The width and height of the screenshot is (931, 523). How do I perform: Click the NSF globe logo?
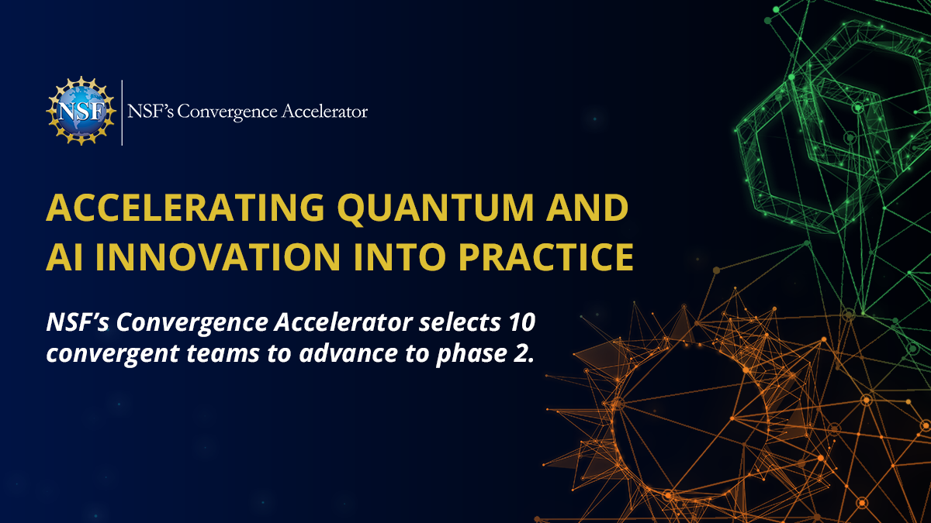pyautogui.click(x=81, y=111)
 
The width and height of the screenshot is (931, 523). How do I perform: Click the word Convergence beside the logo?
pyautogui.click(x=227, y=112)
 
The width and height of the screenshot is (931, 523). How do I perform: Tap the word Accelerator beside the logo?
pyautogui.click(x=324, y=112)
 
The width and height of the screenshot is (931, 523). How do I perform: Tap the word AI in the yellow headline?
pyautogui.click(x=64, y=256)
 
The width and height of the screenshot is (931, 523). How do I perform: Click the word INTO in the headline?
pyautogui.click(x=400, y=256)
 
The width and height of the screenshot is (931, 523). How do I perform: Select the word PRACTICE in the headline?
pyautogui.click(x=546, y=256)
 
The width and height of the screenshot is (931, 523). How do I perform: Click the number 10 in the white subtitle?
pyautogui.click(x=521, y=322)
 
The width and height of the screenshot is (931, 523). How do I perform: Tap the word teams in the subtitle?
pyautogui.click(x=223, y=353)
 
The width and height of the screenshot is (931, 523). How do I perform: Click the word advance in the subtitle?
pyautogui.click(x=348, y=353)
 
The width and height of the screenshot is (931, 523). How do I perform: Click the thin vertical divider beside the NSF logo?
pyautogui.click(x=122, y=112)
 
